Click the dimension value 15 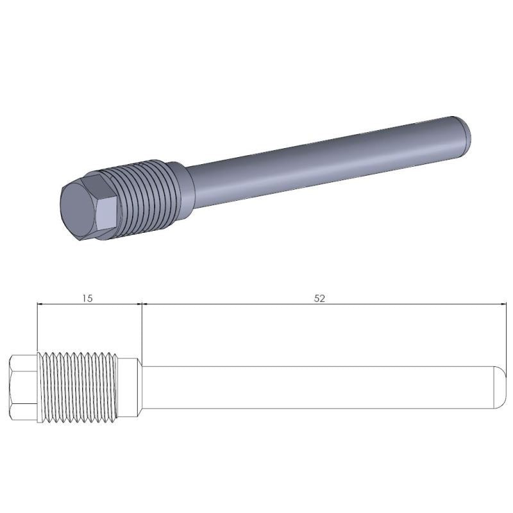coord(88,298)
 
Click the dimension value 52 coord(319,298)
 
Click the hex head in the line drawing coord(24,389)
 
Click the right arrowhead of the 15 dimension coord(137,305)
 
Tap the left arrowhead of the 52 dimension coord(145,305)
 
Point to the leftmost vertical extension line coord(38,327)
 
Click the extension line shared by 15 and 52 coord(141,333)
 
